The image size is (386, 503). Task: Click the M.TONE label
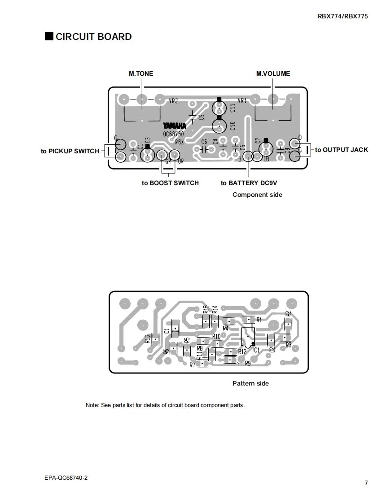tap(140, 74)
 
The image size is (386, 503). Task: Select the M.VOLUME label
tap(273, 74)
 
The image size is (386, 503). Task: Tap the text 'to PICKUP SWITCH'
tap(70, 151)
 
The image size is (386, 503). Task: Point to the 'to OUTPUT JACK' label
tap(341, 150)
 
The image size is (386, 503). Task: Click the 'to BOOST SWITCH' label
tap(170, 183)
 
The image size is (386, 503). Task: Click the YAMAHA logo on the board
tap(174, 126)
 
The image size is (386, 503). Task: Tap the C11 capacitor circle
tap(219, 108)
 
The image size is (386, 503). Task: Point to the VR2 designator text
tap(173, 101)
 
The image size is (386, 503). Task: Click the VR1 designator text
tap(242, 101)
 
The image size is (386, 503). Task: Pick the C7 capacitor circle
tap(266, 148)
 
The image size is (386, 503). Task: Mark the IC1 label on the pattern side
tap(256, 350)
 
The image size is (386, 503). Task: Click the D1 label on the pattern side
tap(167, 331)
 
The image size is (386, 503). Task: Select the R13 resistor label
tap(148, 339)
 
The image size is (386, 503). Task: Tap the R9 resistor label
tap(248, 364)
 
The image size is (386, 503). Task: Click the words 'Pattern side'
tap(250, 383)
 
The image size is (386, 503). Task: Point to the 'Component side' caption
tap(257, 195)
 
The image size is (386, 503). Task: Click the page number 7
tap(366, 483)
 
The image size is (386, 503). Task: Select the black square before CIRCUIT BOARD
tap(49, 36)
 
